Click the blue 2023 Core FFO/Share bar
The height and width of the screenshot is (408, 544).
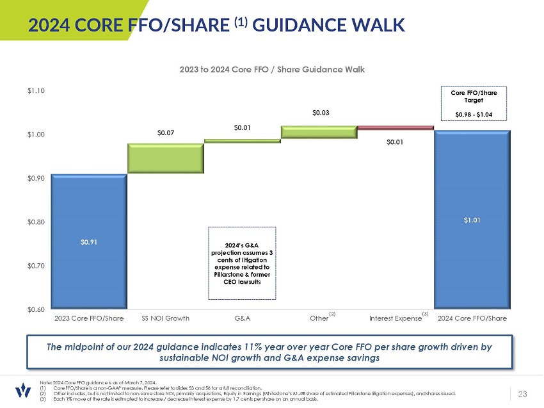(89, 241)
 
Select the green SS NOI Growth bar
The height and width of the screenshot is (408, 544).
(166, 158)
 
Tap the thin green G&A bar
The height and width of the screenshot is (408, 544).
(243, 141)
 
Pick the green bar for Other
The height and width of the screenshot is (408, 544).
(319, 132)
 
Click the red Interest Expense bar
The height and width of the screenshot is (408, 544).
(396, 128)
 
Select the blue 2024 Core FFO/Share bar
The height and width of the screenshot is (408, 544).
(472, 220)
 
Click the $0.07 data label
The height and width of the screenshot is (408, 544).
(166, 133)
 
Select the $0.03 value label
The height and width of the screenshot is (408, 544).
(321, 113)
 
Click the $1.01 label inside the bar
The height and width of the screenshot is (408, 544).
(472, 220)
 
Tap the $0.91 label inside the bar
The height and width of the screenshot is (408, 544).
(89, 242)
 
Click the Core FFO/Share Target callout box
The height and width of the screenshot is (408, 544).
(474, 104)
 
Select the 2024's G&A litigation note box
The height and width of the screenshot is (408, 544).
(243, 263)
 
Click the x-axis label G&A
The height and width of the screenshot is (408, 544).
(243, 318)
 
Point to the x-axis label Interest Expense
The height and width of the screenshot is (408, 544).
(396, 318)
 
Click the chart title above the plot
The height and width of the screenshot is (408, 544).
(271, 69)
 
